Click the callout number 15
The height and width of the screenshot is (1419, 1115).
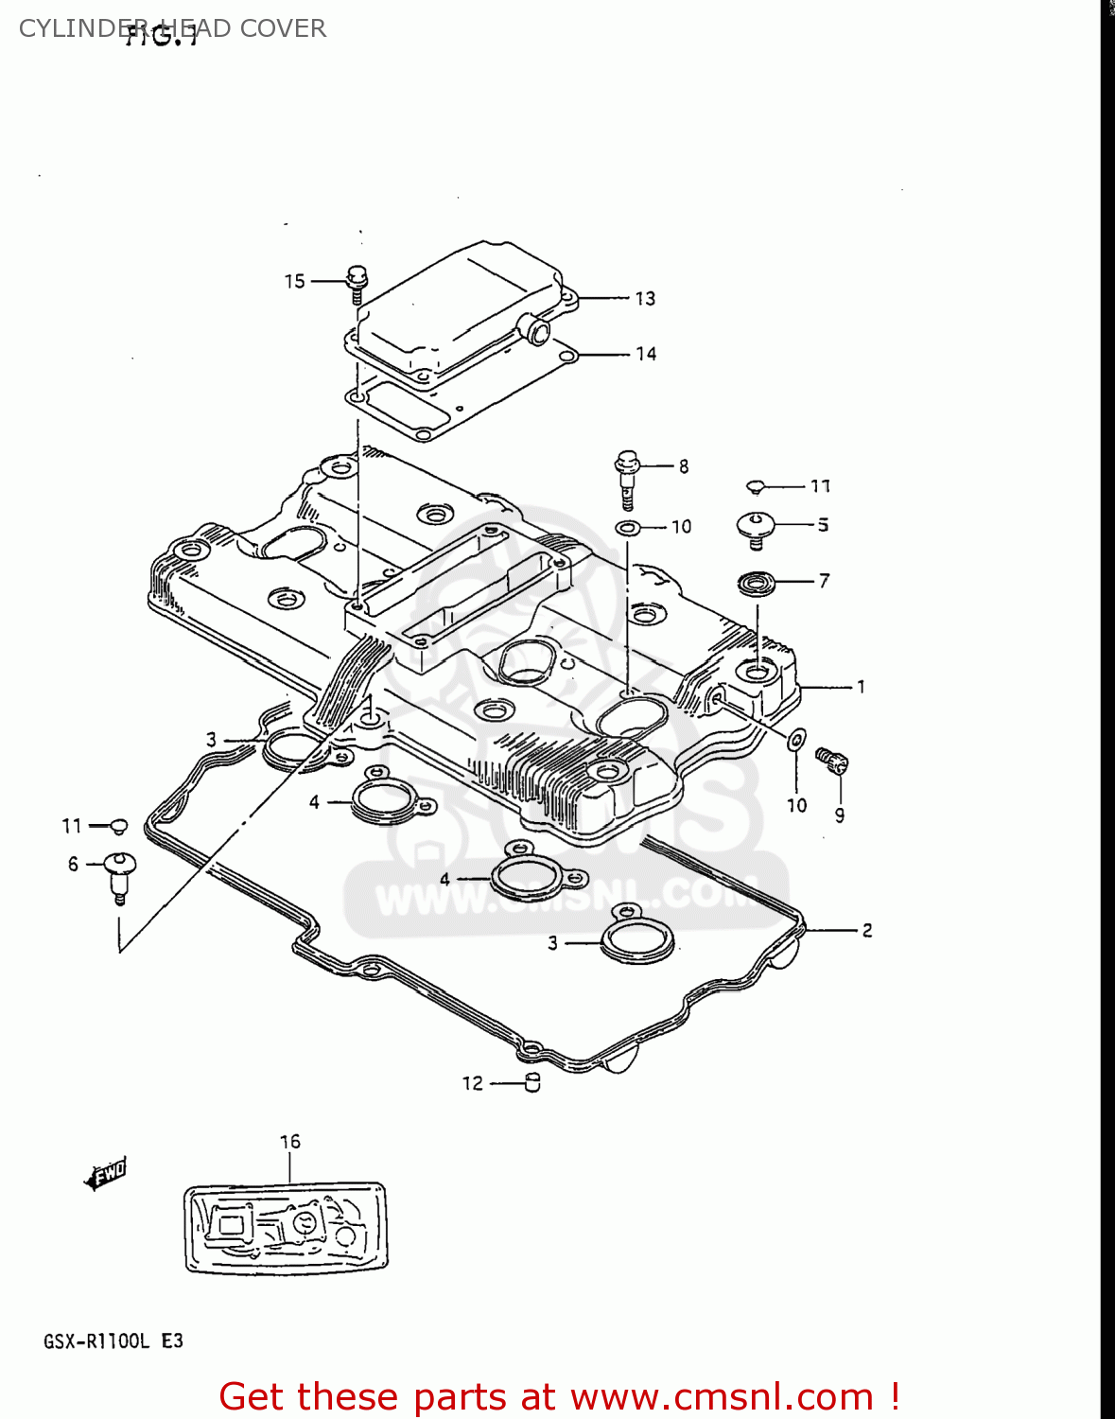[x=295, y=281]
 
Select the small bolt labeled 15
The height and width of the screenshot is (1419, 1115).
[x=357, y=282]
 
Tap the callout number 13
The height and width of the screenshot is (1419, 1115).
[x=645, y=299]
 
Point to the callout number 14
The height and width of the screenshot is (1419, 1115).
[x=646, y=354]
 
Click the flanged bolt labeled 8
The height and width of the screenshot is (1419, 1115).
[x=627, y=478]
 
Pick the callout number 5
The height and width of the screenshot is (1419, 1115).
[x=823, y=525]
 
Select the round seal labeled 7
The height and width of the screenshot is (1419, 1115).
[x=756, y=583]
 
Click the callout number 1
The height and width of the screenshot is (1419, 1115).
[x=861, y=687]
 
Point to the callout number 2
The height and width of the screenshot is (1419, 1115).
[x=866, y=931]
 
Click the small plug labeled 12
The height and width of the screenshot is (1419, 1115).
[x=532, y=1083]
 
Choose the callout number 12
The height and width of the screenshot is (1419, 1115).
[x=473, y=1083]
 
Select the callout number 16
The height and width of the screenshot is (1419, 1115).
[x=290, y=1142]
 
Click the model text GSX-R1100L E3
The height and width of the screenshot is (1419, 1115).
[x=113, y=1341]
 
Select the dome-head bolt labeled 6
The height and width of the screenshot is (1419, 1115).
[x=120, y=873]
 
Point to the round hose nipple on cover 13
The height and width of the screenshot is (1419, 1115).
[x=539, y=331]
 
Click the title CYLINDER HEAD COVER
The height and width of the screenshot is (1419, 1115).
[x=172, y=28]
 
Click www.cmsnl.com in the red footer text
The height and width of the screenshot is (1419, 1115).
[x=722, y=1397]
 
